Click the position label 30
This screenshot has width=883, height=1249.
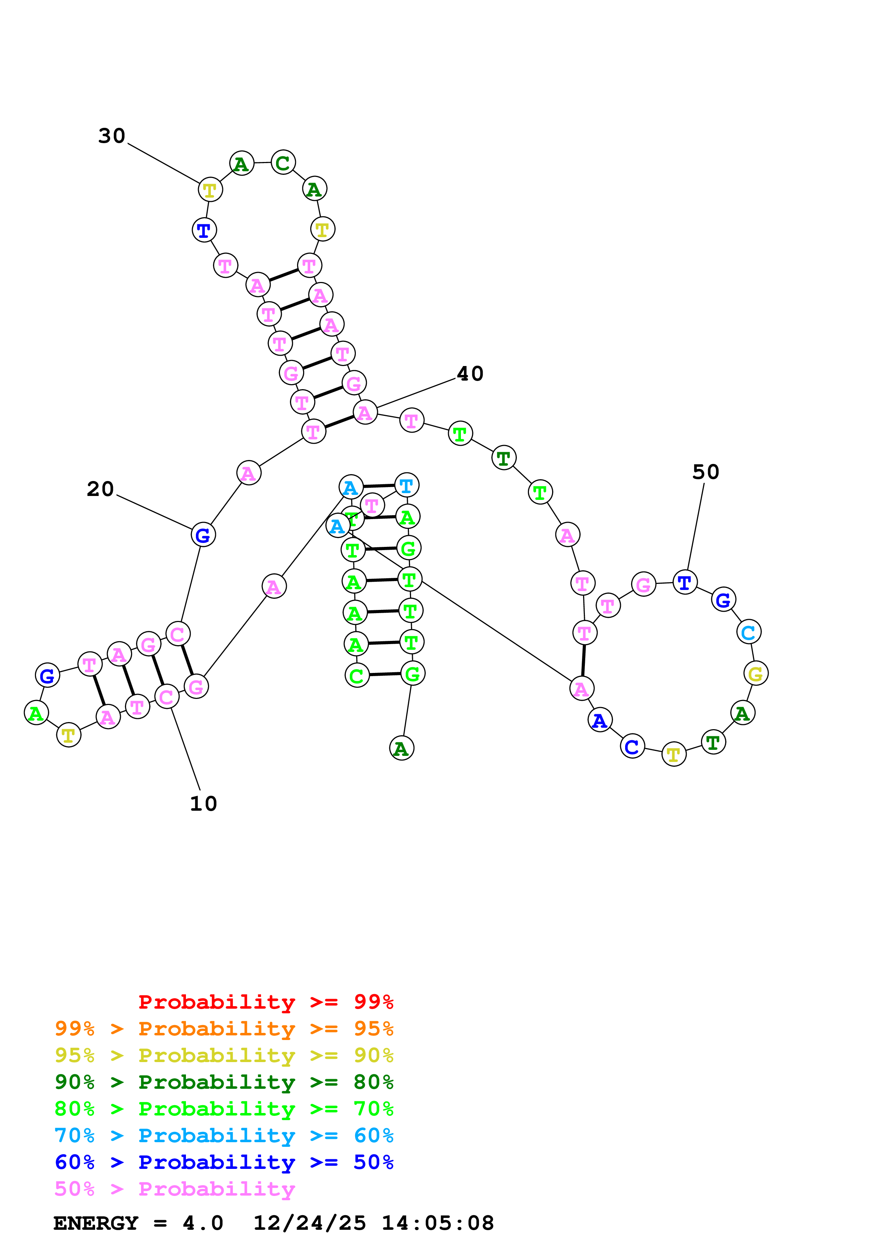pyautogui.click(x=111, y=136)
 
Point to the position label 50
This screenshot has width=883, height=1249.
pyautogui.click(x=706, y=472)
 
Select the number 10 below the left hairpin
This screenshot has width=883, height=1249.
pyautogui.click(x=203, y=804)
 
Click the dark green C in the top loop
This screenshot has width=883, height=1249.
pyautogui.click(x=283, y=163)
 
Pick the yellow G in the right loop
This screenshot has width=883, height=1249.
pyautogui.click(x=756, y=674)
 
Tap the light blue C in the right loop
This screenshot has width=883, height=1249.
pyautogui.click(x=749, y=632)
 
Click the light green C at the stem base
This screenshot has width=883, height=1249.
pyautogui.click(x=357, y=676)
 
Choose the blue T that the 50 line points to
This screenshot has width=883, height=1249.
pyautogui.click(x=685, y=582)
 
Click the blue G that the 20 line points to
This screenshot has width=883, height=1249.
pyautogui.click(x=203, y=535)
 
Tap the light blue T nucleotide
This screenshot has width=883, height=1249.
pyautogui.click(x=406, y=486)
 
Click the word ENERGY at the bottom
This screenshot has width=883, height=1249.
pyautogui.click(x=96, y=1223)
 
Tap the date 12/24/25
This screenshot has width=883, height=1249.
pyautogui.click(x=309, y=1223)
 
